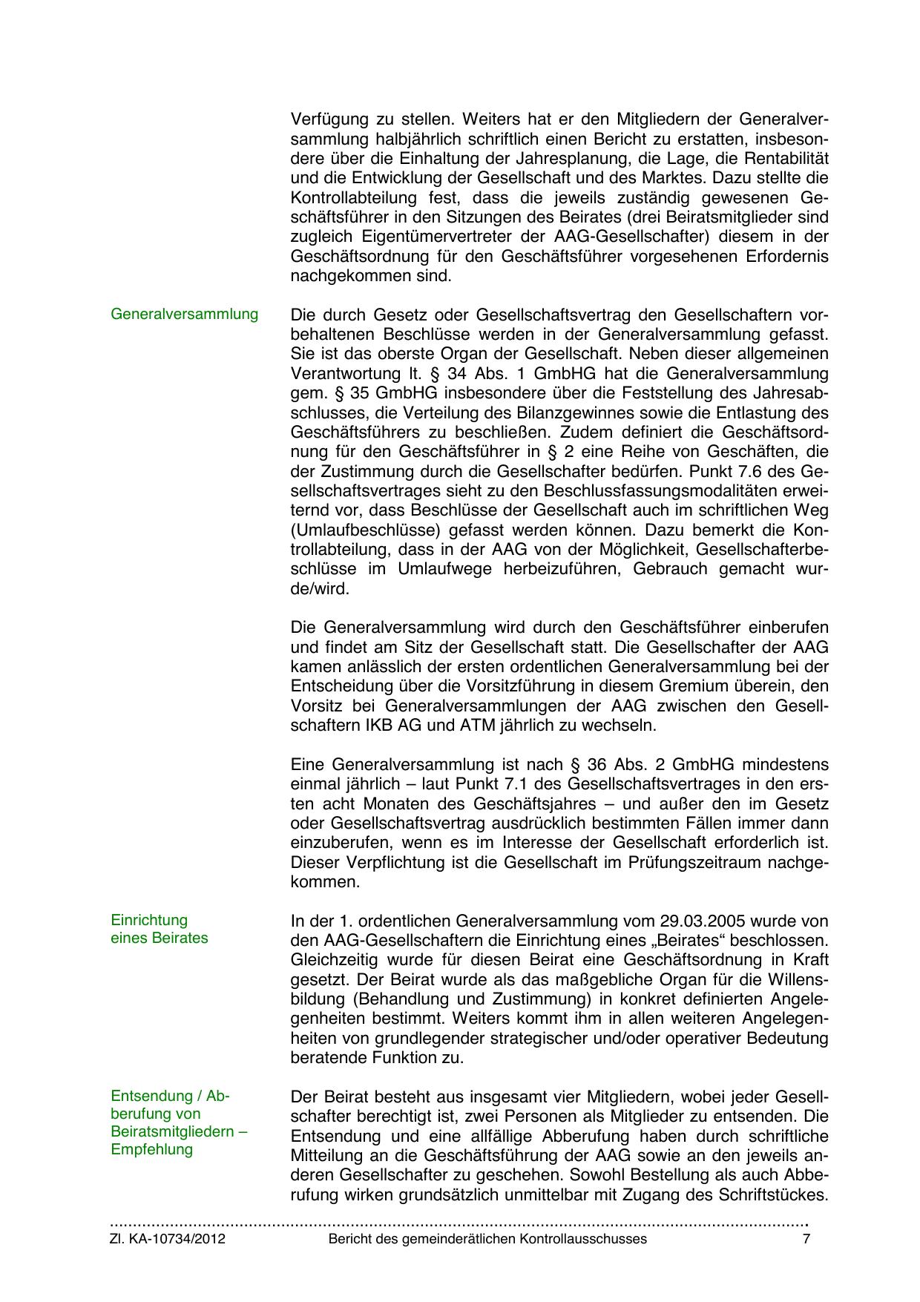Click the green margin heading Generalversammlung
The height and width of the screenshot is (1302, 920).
(x=184, y=314)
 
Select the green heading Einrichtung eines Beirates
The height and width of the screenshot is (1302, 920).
(x=159, y=929)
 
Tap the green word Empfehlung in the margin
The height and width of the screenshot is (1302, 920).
(x=151, y=1149)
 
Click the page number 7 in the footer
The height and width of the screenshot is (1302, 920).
(x=806, y=1239)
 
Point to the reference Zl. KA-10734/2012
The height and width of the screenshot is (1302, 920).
(x=168, y=1239)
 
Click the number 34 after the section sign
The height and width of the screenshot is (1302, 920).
(x=457, y=373)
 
